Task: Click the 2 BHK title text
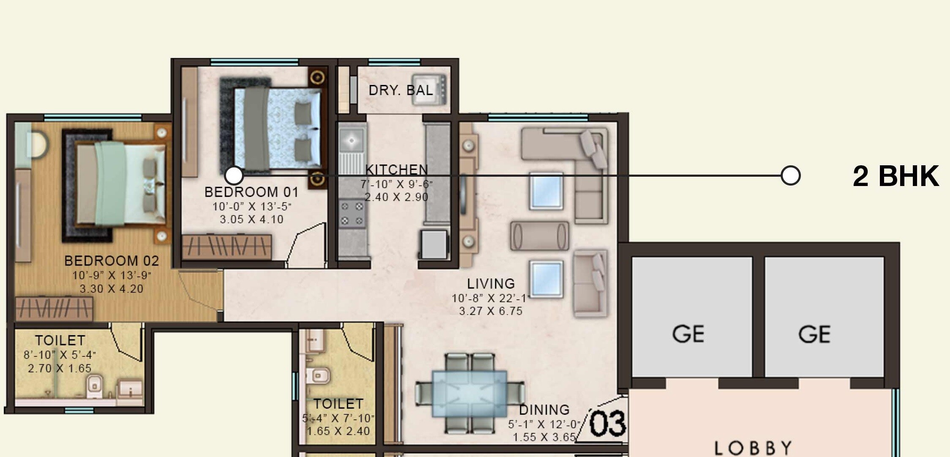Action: pos(895,176)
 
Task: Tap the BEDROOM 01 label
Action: pos(251,192)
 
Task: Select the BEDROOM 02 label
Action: pos(112,261)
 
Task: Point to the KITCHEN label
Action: pos(396,170)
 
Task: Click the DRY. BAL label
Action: pos(400,90)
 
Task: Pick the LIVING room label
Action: pos(491,283)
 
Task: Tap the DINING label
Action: pos(544,410)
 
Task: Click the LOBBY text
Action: pos(753,448)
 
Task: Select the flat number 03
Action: pos(607,424)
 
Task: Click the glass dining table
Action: pos(469,394)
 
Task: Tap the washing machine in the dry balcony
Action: pos(429,89)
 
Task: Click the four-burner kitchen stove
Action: pos(352,213)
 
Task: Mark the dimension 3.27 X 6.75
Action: pos(491,311)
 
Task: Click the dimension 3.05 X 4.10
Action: pos(251,219)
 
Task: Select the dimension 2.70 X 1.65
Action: pos(60,368)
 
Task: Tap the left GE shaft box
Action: pos(691,317)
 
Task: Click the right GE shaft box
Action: pos(824,317)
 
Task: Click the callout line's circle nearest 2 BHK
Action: pos(790,175)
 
